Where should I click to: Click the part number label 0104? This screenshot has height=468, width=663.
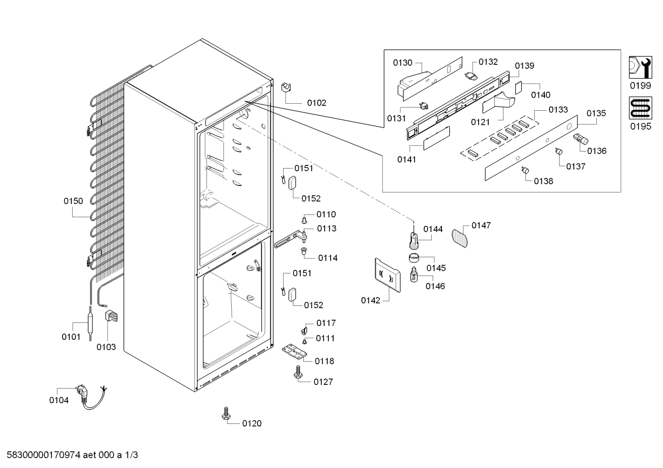[x=58, y=400]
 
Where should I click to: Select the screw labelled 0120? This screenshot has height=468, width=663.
[x=226, y=414]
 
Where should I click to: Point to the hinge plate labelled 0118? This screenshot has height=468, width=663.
[x=294, y=351]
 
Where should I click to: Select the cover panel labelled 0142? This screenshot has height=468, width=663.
[x=388, y=275]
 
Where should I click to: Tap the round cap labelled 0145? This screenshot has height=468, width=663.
[x=414, y=258]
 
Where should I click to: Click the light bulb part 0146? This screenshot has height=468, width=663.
[x=414, y=274]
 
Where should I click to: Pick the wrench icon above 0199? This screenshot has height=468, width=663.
[x=640, y=68]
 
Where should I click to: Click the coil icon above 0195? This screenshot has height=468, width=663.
[x=640, y=108]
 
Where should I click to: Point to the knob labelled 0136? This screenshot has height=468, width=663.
[x=581, y=139]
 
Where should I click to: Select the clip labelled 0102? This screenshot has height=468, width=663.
[x=286, y=88]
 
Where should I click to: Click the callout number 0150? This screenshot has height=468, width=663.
[x=73, y=201]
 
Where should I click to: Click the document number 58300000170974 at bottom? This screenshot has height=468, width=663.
[x=43, y=455]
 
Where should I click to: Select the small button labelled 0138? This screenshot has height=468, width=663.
[x=525, y=170]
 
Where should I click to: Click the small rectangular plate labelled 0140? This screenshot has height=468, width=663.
[x=519, y=88]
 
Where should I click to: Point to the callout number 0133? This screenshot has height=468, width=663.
[x=558, y=110]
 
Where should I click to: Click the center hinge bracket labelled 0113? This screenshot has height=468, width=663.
[x=290, y=240]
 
